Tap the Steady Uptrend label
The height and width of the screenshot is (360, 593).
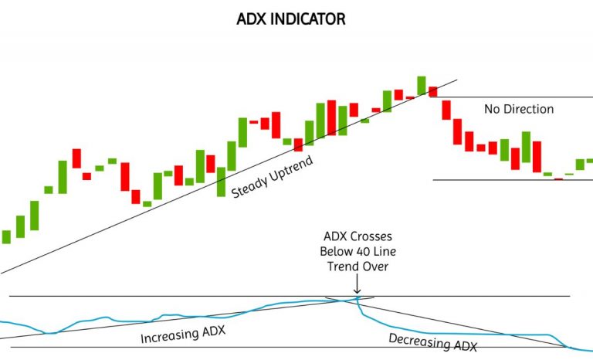click(267, 178)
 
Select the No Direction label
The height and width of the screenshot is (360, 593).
click(519, 109)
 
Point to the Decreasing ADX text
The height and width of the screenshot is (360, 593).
click(432, 342)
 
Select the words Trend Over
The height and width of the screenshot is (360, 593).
click(356, 267)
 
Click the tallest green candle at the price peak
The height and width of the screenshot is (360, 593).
click(422, 85)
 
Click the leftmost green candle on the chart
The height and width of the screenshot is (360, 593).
click(7, 236)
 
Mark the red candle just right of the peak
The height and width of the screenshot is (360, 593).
click(433, 91)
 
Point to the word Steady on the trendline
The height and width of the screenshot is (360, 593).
click(249, 185)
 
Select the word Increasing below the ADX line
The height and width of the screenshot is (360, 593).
click(165, 337)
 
